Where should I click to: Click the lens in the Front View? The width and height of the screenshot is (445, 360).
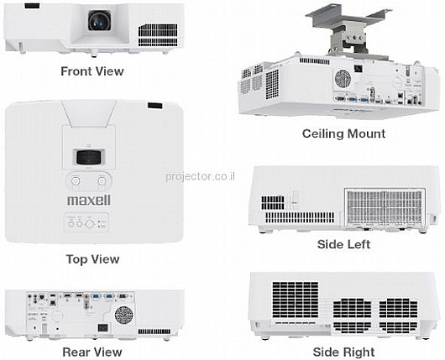tap(99, 21)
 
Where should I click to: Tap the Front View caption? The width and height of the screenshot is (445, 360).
tap(92, 71)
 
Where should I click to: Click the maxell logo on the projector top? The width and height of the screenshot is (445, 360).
tap(89, 200)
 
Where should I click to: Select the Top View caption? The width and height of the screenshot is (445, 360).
tap(92, 259)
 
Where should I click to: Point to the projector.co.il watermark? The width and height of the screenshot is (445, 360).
tap(201, 176)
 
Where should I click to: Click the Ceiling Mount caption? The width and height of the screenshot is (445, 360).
tap(343, 133)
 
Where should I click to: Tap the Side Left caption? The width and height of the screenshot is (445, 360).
tap(343, 244)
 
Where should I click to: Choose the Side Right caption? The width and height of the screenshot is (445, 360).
tap(343, 352)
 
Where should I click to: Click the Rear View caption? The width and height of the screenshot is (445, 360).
tap(92, 352)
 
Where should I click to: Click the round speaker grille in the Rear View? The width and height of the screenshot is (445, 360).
tap(123, 315)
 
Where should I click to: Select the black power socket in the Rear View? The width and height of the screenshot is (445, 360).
tap(102, 328)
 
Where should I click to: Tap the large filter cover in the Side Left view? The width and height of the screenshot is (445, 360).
tap(385, 207)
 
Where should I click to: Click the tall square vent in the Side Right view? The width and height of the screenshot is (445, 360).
tap(296, 300)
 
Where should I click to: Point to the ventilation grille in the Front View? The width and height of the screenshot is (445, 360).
tap(158, 35)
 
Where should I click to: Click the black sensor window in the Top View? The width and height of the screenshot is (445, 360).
tap(155, 106)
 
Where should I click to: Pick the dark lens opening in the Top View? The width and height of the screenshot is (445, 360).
tap(89, 157)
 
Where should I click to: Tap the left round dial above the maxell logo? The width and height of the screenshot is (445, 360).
tap(76, 181)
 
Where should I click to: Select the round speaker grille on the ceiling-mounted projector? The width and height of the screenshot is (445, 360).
tap(343, 79)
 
